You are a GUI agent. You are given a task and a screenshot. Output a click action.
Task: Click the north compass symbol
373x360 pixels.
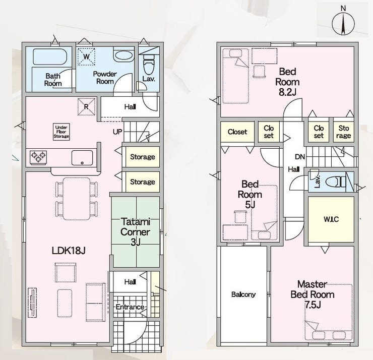point(343,23)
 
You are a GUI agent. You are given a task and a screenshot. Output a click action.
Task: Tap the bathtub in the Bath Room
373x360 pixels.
point(50,57)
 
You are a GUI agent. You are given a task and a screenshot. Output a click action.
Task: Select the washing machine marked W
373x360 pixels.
point(86,56)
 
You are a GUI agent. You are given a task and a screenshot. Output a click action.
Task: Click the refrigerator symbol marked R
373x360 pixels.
point(86,107)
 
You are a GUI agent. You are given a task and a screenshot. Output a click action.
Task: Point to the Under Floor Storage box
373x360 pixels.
point(61,132)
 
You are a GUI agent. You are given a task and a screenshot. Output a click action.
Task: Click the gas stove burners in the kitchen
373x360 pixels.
point(38,157)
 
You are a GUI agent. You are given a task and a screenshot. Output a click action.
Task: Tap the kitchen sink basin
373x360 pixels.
point(82,157)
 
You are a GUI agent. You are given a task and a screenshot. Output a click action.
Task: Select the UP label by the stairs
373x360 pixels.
point(117,132)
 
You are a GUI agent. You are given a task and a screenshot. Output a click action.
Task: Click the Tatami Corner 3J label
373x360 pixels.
point(136,232)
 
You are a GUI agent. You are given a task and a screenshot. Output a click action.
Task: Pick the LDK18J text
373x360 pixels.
point(69,250)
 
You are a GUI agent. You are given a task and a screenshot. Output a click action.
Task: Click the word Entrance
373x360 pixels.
point(130,307)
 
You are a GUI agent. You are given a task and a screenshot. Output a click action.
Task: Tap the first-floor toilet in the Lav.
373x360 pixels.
point(149,65)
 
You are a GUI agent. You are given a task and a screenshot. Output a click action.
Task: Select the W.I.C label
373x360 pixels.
point(331,219)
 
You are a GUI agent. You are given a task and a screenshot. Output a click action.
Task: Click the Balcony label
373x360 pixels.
point(243,294)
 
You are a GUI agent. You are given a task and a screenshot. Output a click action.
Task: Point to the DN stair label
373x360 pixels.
point(300,157)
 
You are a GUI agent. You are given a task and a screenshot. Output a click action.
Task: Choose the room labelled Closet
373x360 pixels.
point(237,132)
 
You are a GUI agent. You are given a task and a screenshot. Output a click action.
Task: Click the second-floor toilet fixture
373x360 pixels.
point(335,182)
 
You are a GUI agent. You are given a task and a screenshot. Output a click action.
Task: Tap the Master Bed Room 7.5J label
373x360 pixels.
point(313,294)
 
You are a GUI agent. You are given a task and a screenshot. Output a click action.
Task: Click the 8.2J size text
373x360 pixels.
point(287,92)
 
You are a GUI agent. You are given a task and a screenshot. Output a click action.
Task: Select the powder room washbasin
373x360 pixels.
point(123,55)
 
